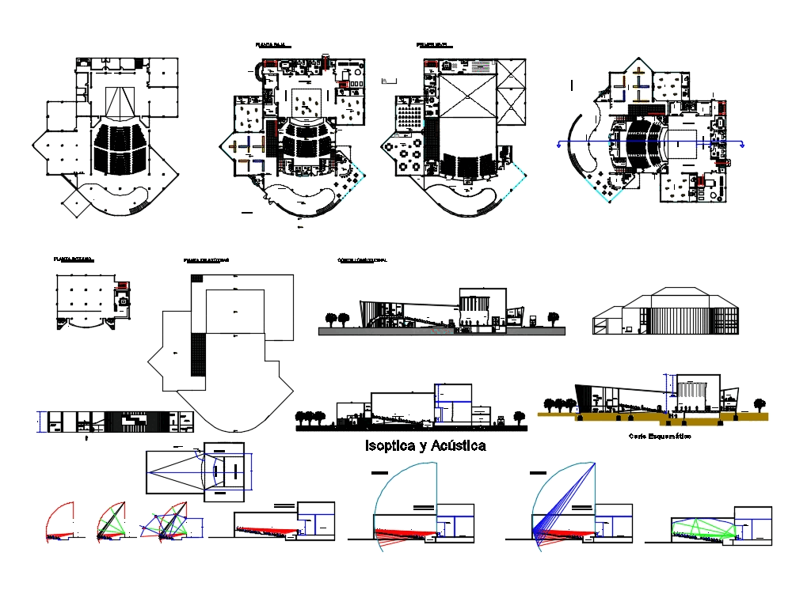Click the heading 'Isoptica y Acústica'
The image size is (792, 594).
coord(425,446)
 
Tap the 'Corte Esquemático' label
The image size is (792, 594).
coord(659,437)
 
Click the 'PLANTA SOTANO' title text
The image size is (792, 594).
coord(73,259)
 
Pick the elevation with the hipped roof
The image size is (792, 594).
coord(665,312)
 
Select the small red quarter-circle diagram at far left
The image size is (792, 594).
coord(60,522)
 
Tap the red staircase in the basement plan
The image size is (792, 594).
coord(121,286)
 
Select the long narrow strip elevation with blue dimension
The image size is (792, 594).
coord(115,422)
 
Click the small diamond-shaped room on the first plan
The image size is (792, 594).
coord(75,202)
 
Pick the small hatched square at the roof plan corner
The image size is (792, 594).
coord(196,278)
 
